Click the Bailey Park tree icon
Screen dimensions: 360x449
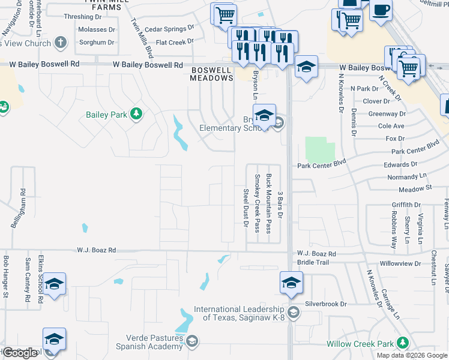(x=136, y=114)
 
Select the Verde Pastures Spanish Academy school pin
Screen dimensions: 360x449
(x=191, y=342)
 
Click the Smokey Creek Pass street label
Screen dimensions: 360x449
(x=257, y=203)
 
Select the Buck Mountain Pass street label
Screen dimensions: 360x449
(x=268, y=203)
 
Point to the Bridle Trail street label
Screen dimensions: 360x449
(x=314, y=263)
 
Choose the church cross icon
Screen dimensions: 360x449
(x=60, y=43)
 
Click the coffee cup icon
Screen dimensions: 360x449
(x=381, y=10)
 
